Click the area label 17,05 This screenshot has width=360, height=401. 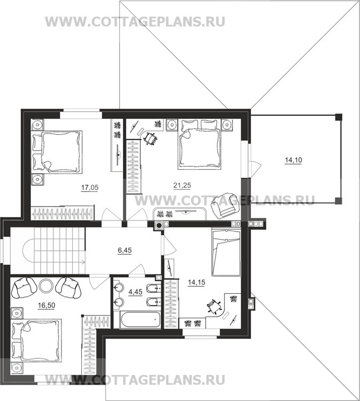90,188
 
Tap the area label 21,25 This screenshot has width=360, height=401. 182,185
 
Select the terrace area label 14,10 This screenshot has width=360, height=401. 293,160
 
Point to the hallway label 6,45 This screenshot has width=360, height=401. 124,250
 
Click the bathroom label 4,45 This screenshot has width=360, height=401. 135,292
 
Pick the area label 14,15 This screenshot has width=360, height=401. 197,282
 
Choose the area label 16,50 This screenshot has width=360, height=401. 46,305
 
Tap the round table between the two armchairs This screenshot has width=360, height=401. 46,285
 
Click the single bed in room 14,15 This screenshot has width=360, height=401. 226,253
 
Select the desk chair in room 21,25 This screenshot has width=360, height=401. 150,139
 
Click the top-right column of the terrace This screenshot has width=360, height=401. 339,117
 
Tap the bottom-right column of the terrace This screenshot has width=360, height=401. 338,200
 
